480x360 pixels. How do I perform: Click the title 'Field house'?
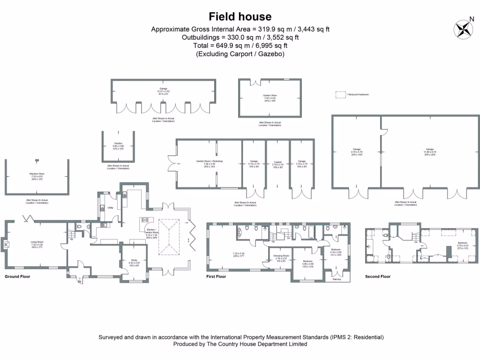pyautogui.click(x=240, y=17)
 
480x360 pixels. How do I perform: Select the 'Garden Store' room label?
pyautogui.click(x=270, y=96)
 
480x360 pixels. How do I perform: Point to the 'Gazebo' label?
pyautogui.click(x=118, y=143)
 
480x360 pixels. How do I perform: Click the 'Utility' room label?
pyautogui.click(x=111, y=207)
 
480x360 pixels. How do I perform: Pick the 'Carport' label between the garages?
pyautogui.click(x=278, y=161)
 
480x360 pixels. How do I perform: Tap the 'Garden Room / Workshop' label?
pyautogui.click(x=210, y=161)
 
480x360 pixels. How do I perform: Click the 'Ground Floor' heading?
pyautogui.click(x=17, y=277)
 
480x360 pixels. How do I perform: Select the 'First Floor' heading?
pyautogui.click(x=216, y=277)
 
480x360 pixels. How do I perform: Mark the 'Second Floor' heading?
pyautogui.click(x=378, y=277)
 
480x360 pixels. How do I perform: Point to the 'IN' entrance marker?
pyautogui.click(x=79, y=282)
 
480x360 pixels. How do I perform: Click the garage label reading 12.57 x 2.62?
pyautogui.click(x=163, y=91)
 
